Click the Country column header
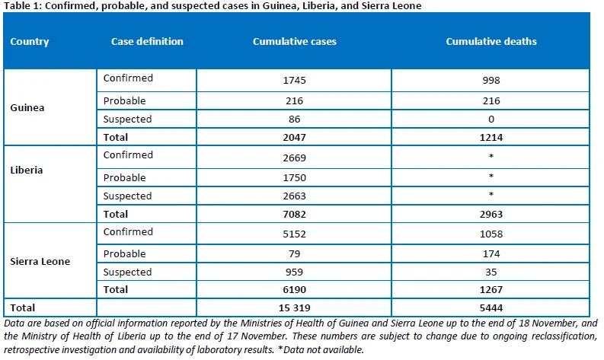pyautogui.click(x=29, y=42)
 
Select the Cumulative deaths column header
pyautogui.click(x=491, y=41)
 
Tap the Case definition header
pyautogui.click(x=147, y=41)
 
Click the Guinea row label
pyautogui.click(x=27, y=107)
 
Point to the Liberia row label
pyautogui.click(x=26, y=170)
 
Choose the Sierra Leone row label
pyautogui.click(x=40, y=261)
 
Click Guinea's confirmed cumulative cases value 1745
pyautogui.click(x=294, y=80)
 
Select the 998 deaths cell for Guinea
pyautogui.click(x=491, y=80)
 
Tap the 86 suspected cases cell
pyautogui.click(x=294, y=119)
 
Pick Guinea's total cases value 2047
pyautogui.click(x=294, y=138)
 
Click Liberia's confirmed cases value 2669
pyautogui.click(x=294, y=158)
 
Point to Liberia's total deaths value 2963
pyautogui.click(x=491, y=214)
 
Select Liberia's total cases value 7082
pyautogui.click(x=294, y=214)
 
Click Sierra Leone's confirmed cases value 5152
pyautogui.click(x=294, y=234)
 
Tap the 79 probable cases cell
pyautogui.click(x=294, y=253)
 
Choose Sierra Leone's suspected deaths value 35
pyautogui.click(x=491, y=272)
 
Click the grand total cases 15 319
pyautogui.click(x=294, y=307)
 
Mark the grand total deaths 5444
pyautogui.click(x=491, y=307)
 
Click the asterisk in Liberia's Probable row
pyautogui.click(x=491, y=176)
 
